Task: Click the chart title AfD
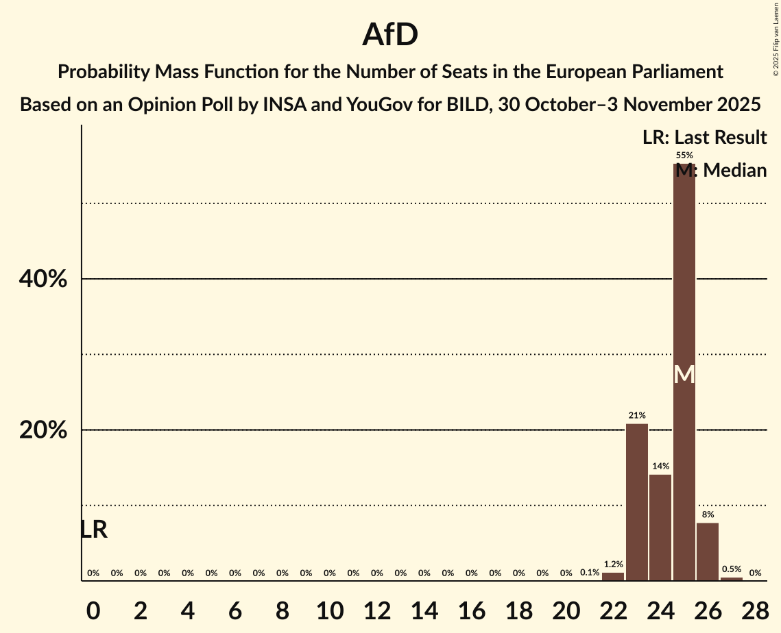(x=390, y=34)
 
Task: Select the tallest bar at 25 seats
(x=684, y=288)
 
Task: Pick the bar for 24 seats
(x=660, y=527)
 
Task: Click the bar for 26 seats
(x=708, y=551)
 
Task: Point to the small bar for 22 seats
(x=613, y=576)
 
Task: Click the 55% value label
(x=684, y=156)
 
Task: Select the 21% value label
(x=637, y=415)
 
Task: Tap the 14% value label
(x=660, y=466)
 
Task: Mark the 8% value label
(x=708, y=514)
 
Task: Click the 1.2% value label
(x=613, y=564)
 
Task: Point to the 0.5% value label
(x=732, y=569)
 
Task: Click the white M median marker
(x=684, y=375)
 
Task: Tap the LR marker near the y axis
(x=94, y=530)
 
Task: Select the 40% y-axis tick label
(x=43, y=280)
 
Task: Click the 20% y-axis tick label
(x=43, y=430)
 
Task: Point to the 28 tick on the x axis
(x=755, y=610)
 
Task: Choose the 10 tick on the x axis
(x=330, y=610)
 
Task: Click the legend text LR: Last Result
(x=704, y=138)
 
